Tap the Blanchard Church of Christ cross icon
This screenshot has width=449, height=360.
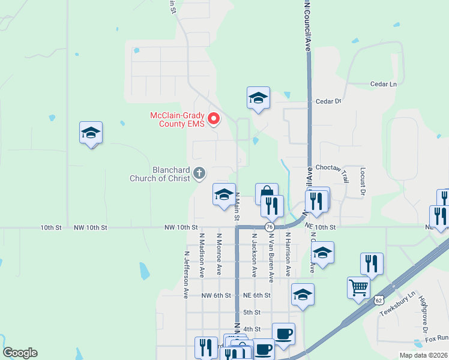[x=200, y=174]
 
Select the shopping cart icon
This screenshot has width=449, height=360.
[x=358, y=287]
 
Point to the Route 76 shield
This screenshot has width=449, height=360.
[x=270, y=227]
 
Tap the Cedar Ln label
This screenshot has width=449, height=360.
[x=384, y=85]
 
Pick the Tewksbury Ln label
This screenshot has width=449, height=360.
[x=397, y=305]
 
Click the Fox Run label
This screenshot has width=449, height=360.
[x=438, y=338]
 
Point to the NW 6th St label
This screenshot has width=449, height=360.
[x=216, y=295]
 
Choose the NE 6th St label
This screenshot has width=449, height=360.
[x=258, y=295]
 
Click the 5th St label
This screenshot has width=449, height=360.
[x=252, y=312]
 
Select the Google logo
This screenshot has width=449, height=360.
[x=20, y=353]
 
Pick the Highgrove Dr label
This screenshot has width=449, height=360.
[x=423, y=314]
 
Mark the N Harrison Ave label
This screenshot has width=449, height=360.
[x=288, y=255]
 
